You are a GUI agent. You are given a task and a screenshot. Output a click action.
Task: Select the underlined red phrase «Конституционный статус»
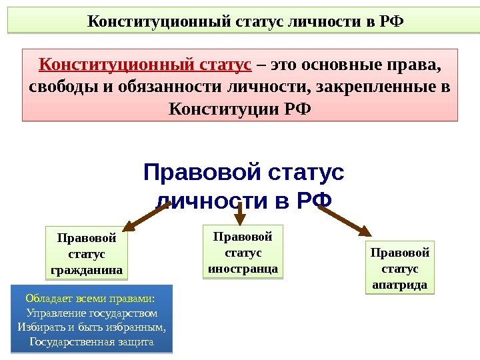145,66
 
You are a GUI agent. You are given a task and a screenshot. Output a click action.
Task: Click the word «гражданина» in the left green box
87,271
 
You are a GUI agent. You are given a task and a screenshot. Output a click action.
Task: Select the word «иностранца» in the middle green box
242,269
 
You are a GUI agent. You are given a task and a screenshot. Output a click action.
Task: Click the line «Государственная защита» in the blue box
92,342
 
